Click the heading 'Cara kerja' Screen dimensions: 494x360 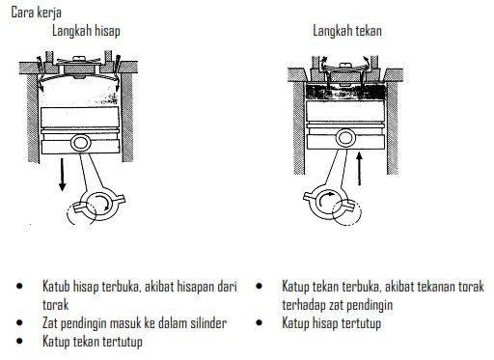36,13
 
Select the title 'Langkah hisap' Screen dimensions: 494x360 86,31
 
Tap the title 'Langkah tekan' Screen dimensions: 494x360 347,31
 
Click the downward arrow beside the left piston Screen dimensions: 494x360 63,175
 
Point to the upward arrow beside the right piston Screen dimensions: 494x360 360,169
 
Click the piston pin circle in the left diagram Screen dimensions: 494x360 81,143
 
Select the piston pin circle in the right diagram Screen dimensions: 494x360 345,138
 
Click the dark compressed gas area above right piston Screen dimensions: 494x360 345,92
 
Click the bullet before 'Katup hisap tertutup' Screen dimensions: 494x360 259,322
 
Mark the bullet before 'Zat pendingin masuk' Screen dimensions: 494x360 19,322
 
